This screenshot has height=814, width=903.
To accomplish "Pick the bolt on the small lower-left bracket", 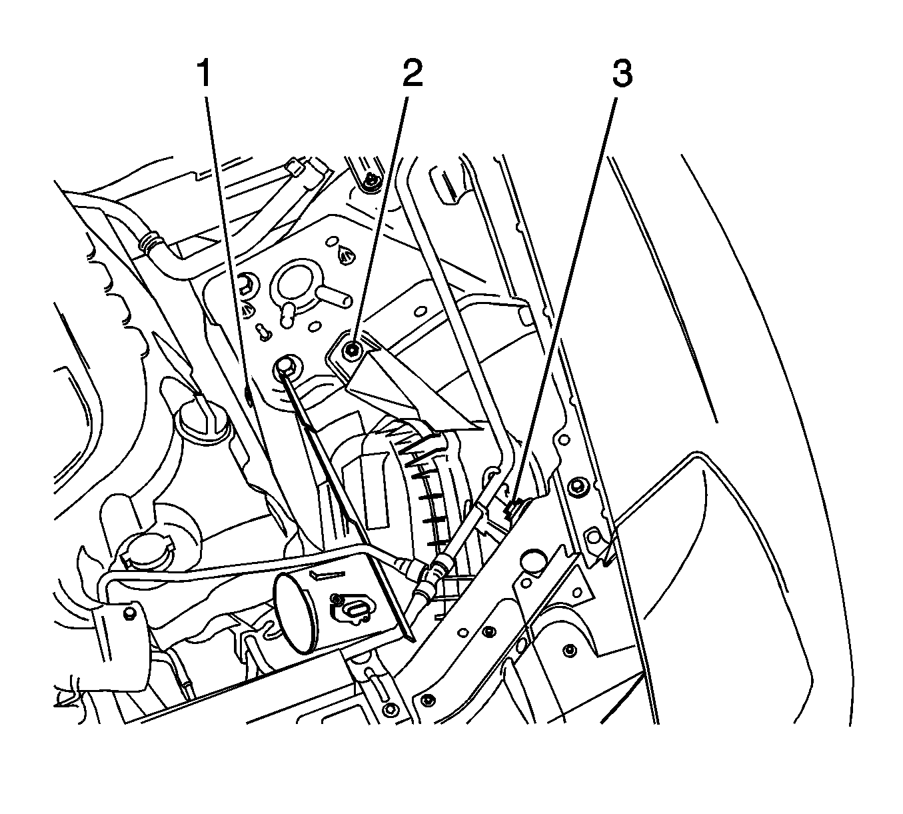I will pyautogui.click(x=129, y=611).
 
